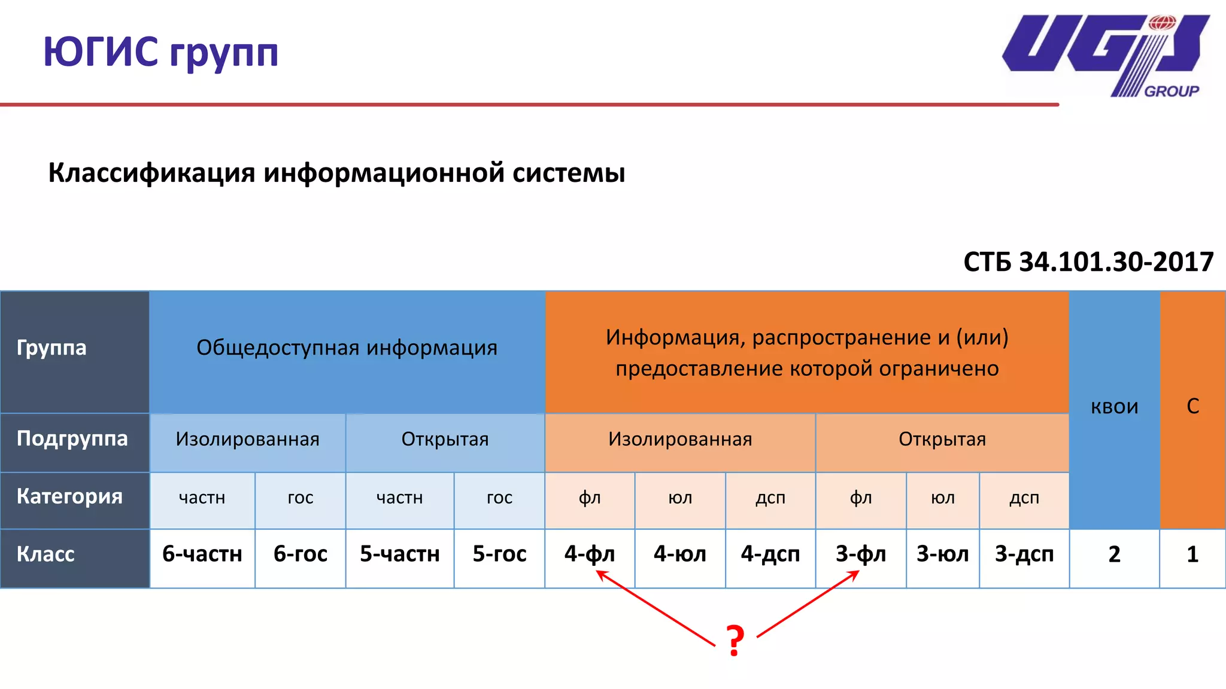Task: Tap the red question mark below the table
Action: click(735, 640)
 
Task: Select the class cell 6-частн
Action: click(202, 554)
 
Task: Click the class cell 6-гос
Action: click(301, 554)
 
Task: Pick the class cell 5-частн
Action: click(400, 554)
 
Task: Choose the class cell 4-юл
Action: click(680, 554)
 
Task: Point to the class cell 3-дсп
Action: click(1024, 554)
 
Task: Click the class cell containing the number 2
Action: click(1114, 554)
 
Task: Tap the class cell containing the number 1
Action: click(1192, 554)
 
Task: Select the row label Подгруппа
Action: click(72, 439)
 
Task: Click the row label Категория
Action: click(69, 496)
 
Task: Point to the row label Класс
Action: click(45, 554)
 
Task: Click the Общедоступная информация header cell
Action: click(347, 348)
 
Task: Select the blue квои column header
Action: click(1114, 407)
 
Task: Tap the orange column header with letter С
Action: click(1192, 407)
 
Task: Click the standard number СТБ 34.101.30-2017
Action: click(1088, 262)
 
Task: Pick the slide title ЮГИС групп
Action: click(161, 53)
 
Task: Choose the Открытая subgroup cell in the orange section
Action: click(942, 440)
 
